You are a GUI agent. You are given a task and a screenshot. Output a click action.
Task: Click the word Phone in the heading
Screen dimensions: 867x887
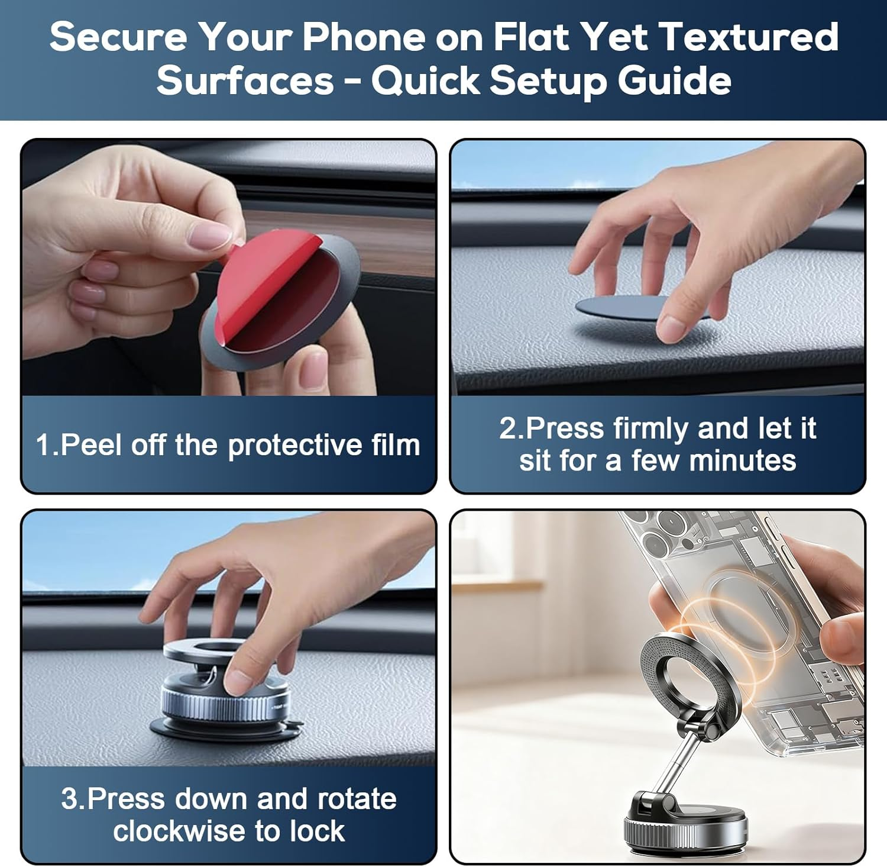364,37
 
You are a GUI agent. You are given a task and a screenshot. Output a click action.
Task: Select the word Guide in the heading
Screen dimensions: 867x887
675,80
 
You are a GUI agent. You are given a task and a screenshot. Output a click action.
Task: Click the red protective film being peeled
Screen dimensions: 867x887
266,278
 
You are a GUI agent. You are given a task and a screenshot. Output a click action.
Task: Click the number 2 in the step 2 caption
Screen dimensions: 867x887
507,428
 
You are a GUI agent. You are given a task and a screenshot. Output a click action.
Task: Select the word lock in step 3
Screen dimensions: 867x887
317,831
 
